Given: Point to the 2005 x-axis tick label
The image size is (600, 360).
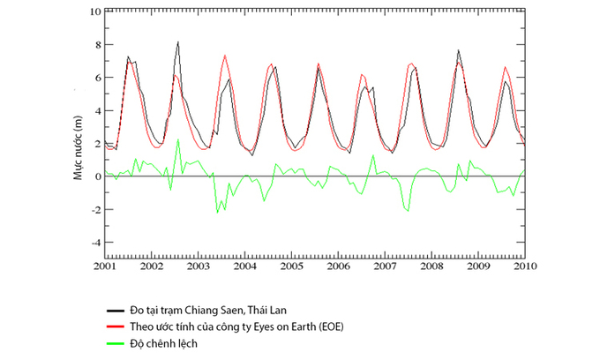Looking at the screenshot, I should pyautogui.click(x=292, y=265).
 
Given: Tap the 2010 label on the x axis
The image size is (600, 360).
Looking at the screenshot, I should pyautogui.click(x=526, y=265).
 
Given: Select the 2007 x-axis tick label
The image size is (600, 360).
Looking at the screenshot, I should pyautogui.click(x=386, y=265).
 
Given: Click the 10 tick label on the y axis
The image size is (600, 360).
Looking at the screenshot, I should pyautogui.click(x=94, y=12).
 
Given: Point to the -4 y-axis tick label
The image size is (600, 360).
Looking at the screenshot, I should pyautogui.click(x=94, y=242).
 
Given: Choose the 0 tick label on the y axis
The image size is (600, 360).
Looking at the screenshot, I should pyautogui.click(x=97, y=176).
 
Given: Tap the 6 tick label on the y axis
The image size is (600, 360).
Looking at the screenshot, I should pyautogui.click(x=97, y=78).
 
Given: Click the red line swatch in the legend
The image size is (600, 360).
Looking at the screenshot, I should pyautogui.click(x=115, y=326).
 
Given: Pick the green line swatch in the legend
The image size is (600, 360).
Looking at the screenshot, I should pyautogui.click(x=115, y=342).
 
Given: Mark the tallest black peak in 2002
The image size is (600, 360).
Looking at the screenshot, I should pyautogui.click(x=178, y=41).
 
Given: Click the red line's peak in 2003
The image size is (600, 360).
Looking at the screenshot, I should pyautogui.click(x=225, y=55).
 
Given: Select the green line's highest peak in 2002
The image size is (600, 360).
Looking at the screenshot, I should pyautogui.click(x=178, y=139).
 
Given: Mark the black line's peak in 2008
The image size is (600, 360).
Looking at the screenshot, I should pyautogui.click(x=459, y=50).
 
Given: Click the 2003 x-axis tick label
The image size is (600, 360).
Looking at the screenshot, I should pyautogui.click(x=199, y=265).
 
